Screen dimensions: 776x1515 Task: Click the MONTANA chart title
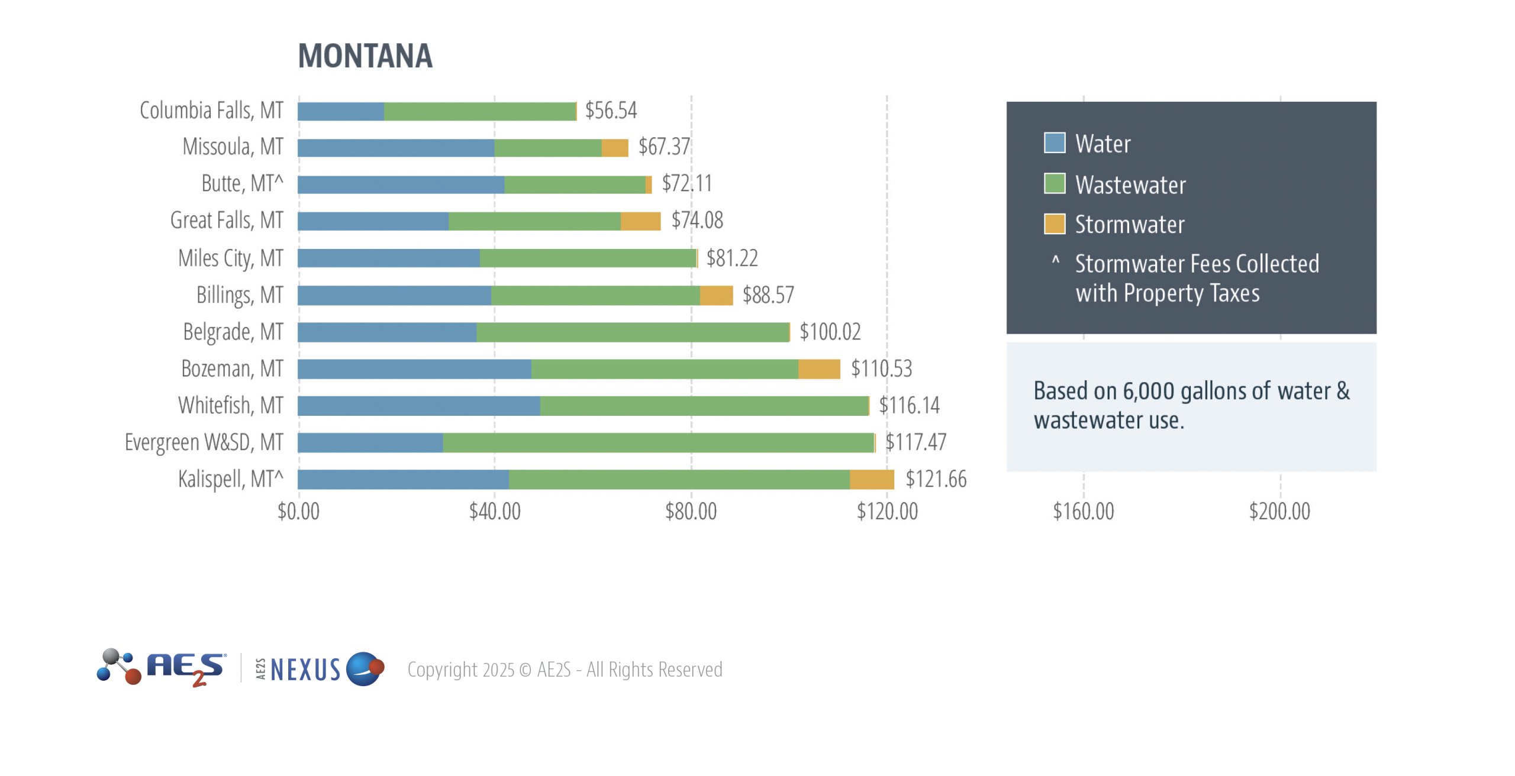coord(365,56)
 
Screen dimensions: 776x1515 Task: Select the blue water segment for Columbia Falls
coord(340,111)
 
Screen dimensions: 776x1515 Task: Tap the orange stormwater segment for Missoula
coord(614,148)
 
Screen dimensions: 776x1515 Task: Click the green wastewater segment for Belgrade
coord(632,332)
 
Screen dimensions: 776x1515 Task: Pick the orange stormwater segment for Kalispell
coord(871,479)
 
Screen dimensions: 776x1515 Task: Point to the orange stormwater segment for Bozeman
coord(818,369)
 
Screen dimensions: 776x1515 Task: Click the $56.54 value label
coord(611,111)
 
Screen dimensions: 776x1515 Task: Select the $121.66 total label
coord(936,479)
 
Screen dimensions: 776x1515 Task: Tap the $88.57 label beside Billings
coord(768,295)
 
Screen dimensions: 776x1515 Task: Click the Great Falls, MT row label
coord(227,221)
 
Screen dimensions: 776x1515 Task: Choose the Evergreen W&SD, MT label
coord(204,442)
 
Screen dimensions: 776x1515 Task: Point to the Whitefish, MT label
coord(230,406)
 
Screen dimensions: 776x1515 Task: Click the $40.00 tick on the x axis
coord(495,512)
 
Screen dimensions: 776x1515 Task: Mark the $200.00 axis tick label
coord(1279,512)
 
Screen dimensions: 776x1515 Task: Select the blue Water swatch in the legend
coord(1054,143)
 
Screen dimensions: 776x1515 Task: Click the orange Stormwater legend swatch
coord(1054,224)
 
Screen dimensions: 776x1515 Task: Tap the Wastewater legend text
coord(1130,185)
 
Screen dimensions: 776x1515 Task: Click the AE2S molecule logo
coord(118,667)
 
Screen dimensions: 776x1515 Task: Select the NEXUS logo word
coord(305,670)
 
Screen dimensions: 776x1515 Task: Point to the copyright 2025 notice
coord(565,670)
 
